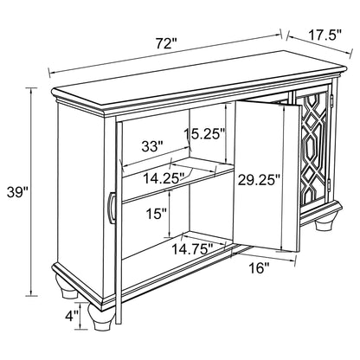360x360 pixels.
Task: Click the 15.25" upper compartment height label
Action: pos(205,134)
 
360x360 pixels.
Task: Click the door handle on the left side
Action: pos(110,213)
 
